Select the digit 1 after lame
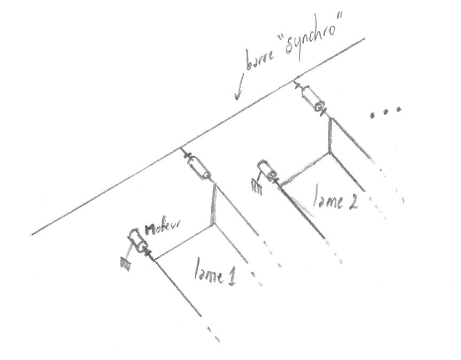[x=232, y=277]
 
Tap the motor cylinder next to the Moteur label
[x=137, y=241]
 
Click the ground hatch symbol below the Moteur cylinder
[x=127, y=263]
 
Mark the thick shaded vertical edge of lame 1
[x=214, y=206]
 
